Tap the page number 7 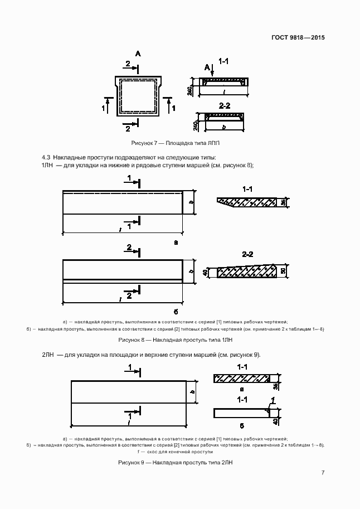323,473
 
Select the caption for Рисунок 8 175,340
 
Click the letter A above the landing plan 138,54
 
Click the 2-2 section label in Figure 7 225,105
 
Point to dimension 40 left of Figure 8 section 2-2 205,273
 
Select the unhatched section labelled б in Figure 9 241,413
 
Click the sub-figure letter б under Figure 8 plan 176,311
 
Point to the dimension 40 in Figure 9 276,413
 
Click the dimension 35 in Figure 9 276,385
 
